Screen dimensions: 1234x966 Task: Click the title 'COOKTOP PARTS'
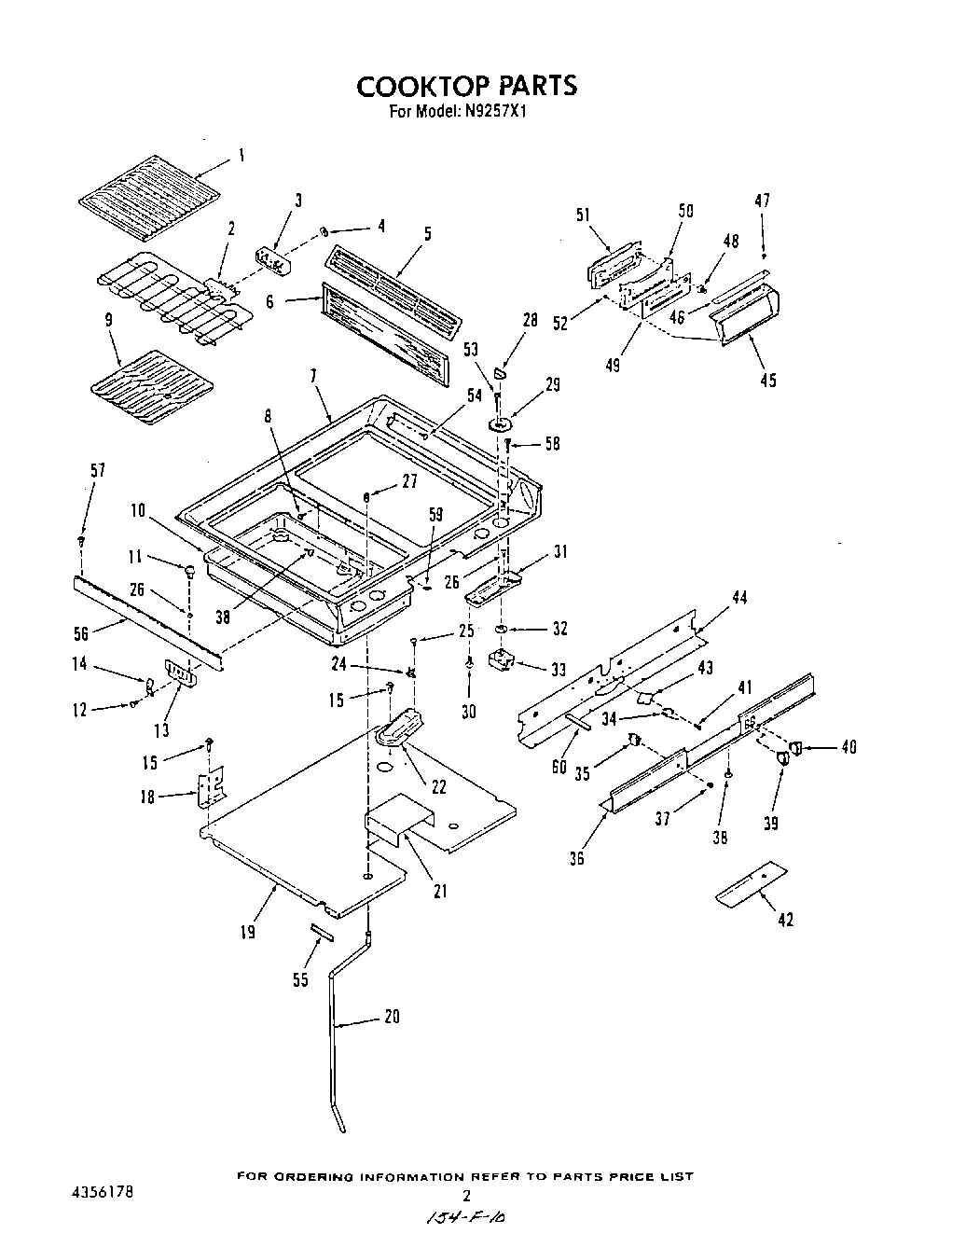[x=467, y=86]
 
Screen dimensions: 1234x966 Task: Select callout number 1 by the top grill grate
[x=241, y=157]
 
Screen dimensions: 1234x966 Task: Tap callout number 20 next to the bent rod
[x=392, y=1017]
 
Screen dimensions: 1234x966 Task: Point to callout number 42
[x=785, y=920]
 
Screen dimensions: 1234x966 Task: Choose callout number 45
[x=767, y=380]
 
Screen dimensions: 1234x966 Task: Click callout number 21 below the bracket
[x=440, y=890]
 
